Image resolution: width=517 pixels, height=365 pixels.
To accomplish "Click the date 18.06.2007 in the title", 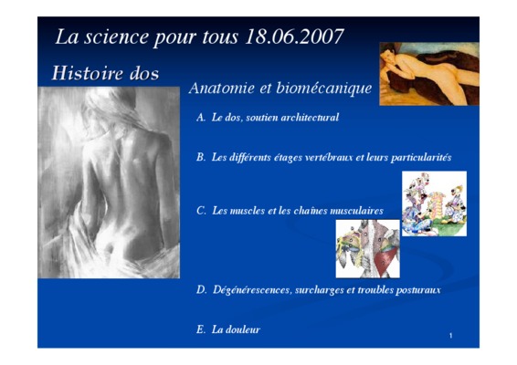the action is pos(294,36).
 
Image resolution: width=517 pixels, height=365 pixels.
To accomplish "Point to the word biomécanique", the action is pos(323,89).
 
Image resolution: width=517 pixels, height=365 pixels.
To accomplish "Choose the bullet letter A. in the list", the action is pos(201,118).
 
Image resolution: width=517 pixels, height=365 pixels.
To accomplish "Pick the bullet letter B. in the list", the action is pos(201,157).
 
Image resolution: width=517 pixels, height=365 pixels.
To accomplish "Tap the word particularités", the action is pos(421,158).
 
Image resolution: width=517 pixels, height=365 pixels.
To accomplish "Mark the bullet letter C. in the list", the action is pos(201,211).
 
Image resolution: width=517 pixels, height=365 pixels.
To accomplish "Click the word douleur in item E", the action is pos(243,329).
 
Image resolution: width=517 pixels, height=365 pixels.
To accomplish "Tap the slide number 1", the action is pos(450,336).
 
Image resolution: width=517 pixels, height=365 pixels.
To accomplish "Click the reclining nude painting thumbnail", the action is pos(429,74).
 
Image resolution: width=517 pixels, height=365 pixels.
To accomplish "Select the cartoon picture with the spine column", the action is pos(434,203).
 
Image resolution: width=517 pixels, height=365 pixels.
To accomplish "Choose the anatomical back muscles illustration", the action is pos(367,249).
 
